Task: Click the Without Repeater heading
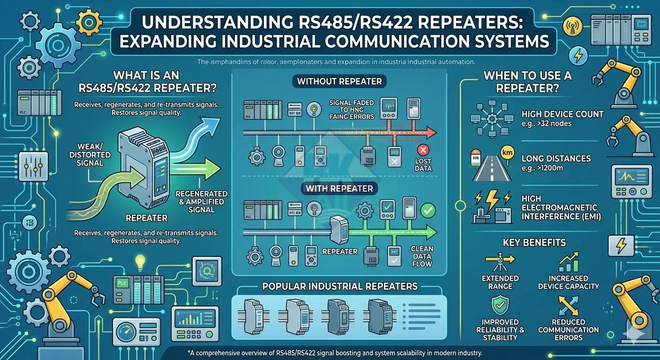coord(339,82)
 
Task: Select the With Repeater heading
coord(339,189)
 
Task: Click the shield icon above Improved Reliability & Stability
coord(500,305)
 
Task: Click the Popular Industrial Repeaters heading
coord(340,286)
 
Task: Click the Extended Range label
coord(500,282)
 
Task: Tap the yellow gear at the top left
coord(88,20)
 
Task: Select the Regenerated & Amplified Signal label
coord(201,201)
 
